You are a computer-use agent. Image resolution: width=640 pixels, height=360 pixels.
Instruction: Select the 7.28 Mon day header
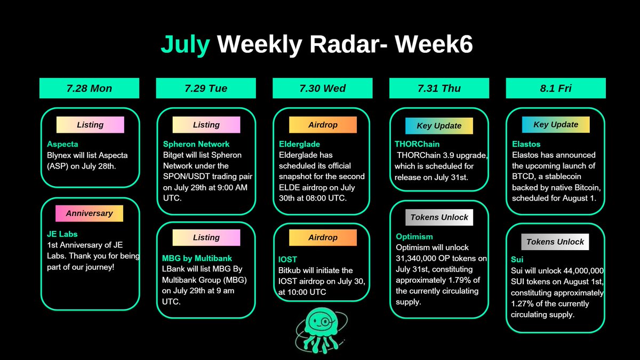click(x=89, y=89)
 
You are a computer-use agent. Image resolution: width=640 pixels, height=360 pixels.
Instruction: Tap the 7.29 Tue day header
click(x=206, y=89)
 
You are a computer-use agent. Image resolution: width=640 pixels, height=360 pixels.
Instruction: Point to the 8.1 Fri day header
click(x=556, y=89)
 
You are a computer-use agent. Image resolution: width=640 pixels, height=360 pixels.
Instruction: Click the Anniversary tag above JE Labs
click(x=89, y=213)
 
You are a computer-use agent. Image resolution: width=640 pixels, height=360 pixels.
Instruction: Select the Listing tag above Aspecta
click(x=90, y=125)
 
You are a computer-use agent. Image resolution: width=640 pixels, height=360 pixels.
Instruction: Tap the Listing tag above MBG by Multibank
click(x=206, y=237)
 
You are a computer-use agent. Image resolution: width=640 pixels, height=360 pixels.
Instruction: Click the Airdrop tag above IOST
click(x=323, y=237)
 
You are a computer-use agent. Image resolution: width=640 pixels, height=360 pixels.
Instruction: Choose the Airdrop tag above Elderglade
click(x=323, y=125)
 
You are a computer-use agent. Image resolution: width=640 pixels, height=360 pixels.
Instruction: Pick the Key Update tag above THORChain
click(x=439, y=126)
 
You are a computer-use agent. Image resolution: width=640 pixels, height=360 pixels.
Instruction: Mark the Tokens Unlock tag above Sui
click(x=555, y=242)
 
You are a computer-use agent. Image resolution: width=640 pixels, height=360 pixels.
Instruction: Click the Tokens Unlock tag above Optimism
click(x=439, y=217)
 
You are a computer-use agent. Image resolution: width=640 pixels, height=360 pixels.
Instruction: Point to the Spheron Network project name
click(x=196, y=144)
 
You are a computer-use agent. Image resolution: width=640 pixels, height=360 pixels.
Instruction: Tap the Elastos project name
click(x=526, y=144)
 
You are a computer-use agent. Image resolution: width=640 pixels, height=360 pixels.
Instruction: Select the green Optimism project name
click(x=414, y=237)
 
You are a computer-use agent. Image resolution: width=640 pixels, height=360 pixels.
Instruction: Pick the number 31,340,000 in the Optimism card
click(x=420, y=259)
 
